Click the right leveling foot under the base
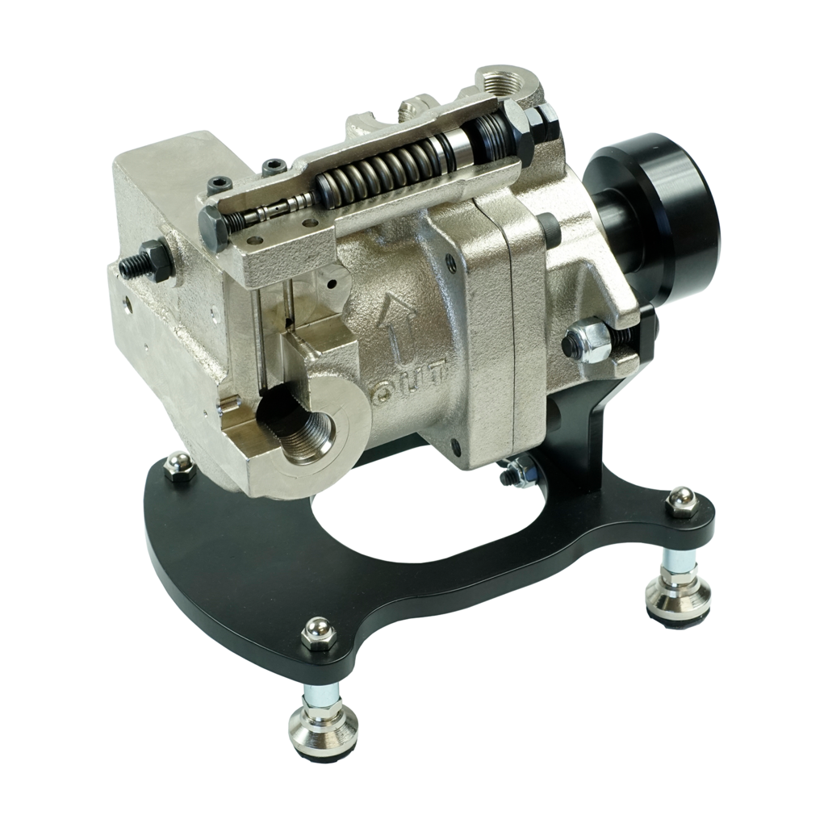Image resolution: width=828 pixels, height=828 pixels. [x=672, y=586]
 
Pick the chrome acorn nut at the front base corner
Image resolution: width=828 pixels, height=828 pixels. [x=315, y=634]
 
